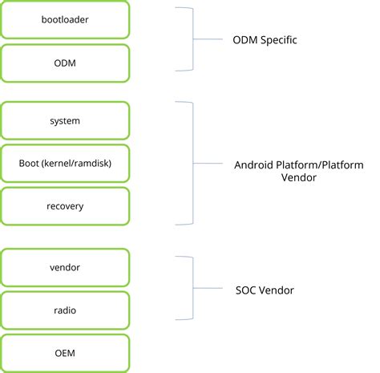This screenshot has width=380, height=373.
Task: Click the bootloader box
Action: (x=65, y=20)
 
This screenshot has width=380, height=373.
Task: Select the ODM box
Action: (x=65, y=63)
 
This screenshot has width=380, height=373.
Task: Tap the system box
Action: (x=65, y=120)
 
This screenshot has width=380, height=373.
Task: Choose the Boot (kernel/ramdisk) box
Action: (x=65, y=164)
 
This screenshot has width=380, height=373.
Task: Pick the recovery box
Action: (x=65, y=206)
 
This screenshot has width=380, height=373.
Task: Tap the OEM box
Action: (x=65, y=353)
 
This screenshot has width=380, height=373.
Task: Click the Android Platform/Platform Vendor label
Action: (x=297, y=172)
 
